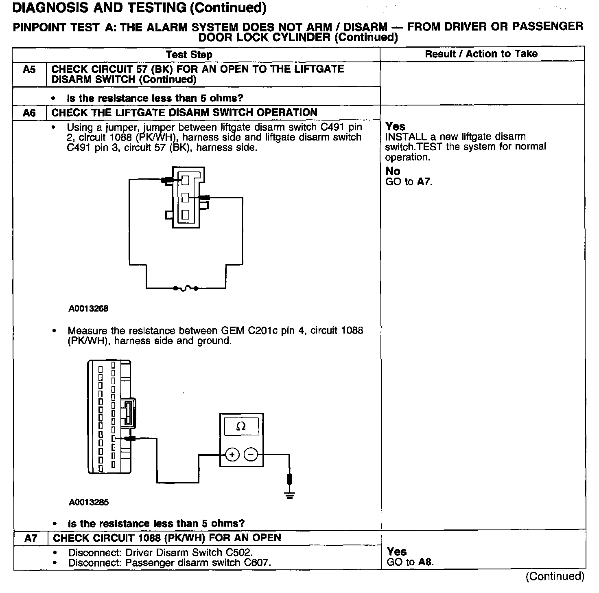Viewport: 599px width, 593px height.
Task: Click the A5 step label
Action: [x=29, y=70]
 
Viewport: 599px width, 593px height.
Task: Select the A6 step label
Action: [x=29, y=113]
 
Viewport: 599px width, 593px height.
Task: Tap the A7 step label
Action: [x=31, y=538]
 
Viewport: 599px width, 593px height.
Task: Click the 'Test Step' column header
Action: [x=189, y=55]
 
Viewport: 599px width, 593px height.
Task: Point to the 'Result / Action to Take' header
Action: [x=481, y=54]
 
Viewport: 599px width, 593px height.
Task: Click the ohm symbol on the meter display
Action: [x=241, y=426]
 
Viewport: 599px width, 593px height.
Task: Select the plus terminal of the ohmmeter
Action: [x=232, y=454]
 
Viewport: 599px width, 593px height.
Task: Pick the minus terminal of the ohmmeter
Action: [x=251, y=454]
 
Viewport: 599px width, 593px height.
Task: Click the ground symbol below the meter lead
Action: [x=289, y=494]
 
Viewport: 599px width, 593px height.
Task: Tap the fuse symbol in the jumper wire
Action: [x=185, y=288]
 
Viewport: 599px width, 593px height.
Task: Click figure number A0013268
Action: [x=88, y=309]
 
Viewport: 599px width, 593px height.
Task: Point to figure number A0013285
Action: [x=89, y=502]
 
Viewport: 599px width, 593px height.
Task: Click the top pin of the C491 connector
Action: [x=186, y=179]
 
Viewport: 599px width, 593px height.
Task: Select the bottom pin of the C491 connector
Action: [x=185, y=215]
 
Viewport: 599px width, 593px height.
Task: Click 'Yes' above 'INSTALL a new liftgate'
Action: [x=396, y=126]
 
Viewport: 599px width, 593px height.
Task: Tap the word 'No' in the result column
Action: [x=393, y=171]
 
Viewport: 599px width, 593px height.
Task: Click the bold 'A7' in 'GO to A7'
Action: [x=424, y=182]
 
